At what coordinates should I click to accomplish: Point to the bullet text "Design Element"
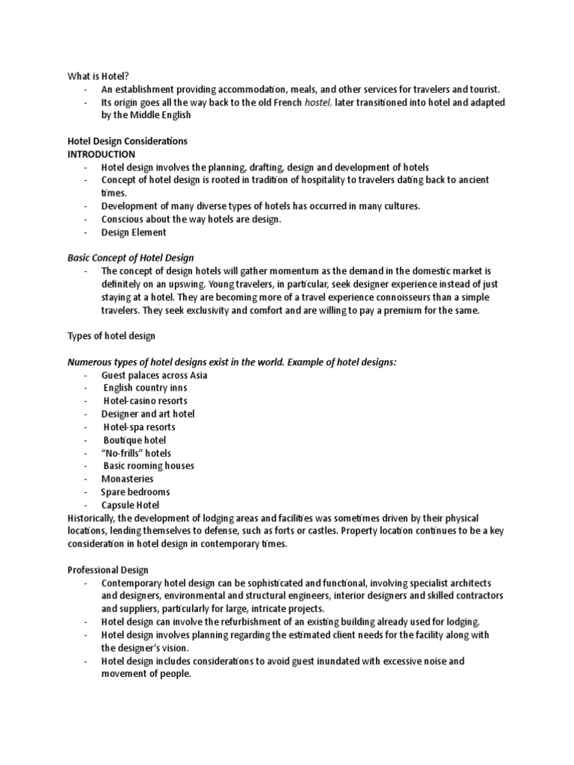coord(135,232)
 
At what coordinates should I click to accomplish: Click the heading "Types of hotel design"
coord(111,336)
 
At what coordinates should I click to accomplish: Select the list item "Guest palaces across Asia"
coord(155,375)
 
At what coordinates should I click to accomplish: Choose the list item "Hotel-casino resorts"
coord(145,401)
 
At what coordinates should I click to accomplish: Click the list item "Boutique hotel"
coord(135,440)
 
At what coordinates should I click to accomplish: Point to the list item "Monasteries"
coord(128,479)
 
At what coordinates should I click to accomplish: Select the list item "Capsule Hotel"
coord(132,505)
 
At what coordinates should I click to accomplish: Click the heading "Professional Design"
coord(108,569)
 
